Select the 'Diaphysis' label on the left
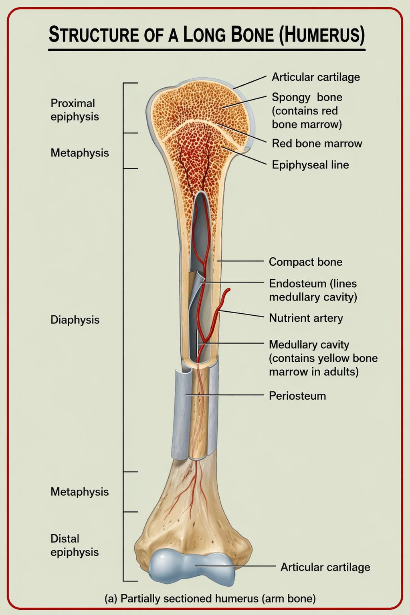[x=75, y=320]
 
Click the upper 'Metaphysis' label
[x=80, y=153]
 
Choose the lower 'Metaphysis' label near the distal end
[x=80, y=491]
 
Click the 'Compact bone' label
[x=305, y=262]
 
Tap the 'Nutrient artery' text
[x=306, y=318]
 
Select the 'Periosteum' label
[x=297, y=396]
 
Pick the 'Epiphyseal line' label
[x=310, y=165]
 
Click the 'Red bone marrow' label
[x=317, y=144]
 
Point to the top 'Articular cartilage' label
[x=316, y=77]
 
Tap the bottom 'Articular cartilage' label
[x=325, y=567]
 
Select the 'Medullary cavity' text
[x=309, y=345]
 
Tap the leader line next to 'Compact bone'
[x=240, y=261]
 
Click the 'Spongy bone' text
[x=307, y=97]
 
